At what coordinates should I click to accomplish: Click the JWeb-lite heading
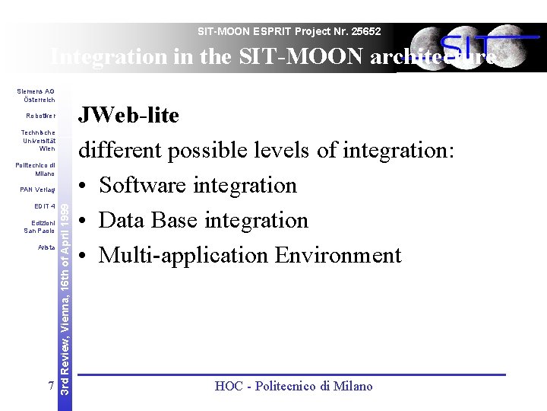(x=129, y=116)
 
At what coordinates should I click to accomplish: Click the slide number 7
(x=50, y=386)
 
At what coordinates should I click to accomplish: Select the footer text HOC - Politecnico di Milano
(x=293, y=387)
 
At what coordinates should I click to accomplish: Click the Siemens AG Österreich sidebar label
(x=36, y=96)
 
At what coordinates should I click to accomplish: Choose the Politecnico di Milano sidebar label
(x=36, y=169)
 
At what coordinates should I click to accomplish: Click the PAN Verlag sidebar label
(x=38, y=190)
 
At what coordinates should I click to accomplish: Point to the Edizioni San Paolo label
(x=40, y=226)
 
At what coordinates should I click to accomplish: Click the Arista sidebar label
(x=46, y=247)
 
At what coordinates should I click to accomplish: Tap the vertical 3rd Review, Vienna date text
(x=66, y=297)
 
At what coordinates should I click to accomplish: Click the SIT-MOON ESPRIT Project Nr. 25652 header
(x=289, y=32)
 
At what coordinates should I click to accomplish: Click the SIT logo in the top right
(x=475, y=47)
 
